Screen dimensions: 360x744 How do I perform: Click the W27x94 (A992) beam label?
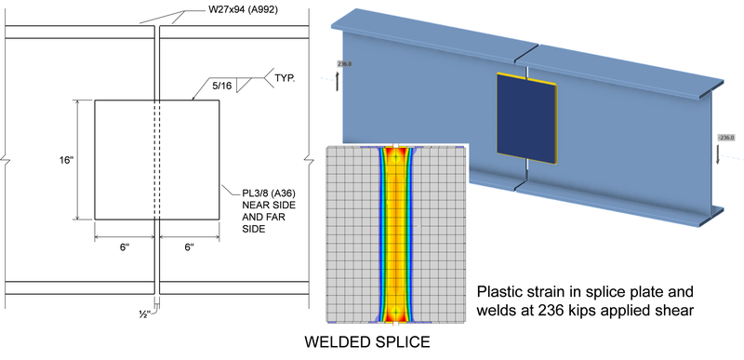pos(240,11)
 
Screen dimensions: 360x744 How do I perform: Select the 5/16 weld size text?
pos(221,86)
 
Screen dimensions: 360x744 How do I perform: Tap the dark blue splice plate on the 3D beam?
pos(526,117)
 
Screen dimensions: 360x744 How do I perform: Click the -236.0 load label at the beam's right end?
pos(728,137)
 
